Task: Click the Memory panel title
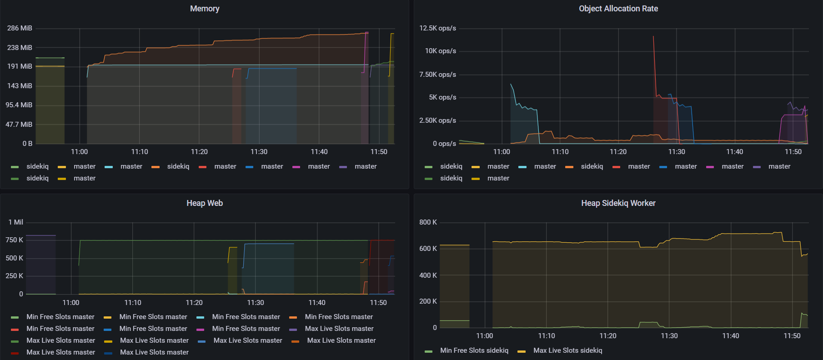coord(205,9)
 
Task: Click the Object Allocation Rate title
coord(618,9)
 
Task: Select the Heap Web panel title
coord(205,203)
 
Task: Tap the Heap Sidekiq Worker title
coord(618,203)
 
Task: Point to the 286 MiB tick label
coord(20,28)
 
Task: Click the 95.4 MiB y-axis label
coord(19,105)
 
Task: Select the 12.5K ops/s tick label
coord(437,28)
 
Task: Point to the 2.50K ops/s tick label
coord(437,120)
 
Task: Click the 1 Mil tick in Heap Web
coord(16,222)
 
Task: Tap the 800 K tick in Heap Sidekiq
coord(428,222)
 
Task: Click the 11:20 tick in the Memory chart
coord(199,152)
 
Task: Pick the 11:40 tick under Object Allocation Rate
coord(735,152)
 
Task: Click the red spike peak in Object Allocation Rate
coord(653,36)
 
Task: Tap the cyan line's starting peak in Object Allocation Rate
coord(511,85)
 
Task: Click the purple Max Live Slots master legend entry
coord(331,329)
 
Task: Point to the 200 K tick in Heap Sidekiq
coord(428,301)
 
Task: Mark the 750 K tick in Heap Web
coord(14,240)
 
